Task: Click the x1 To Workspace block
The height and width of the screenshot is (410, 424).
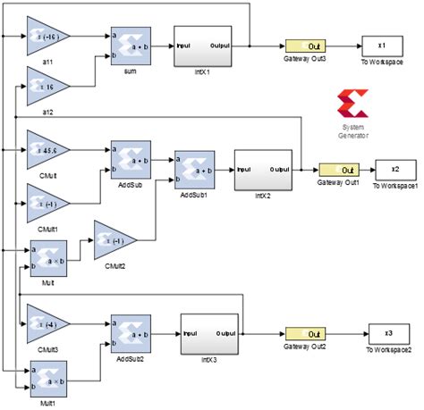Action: click(x=381, y=46)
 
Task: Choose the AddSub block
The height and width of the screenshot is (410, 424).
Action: click(x=130, y=158)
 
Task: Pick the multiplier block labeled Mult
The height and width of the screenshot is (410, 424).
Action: click(x=47, y=257)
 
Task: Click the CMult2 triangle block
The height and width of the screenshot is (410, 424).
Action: click(x=114, y=241)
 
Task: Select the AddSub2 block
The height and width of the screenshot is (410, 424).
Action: click(x=130, y=332)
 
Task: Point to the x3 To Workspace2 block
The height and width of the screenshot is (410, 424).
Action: click(x=387, y=333)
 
